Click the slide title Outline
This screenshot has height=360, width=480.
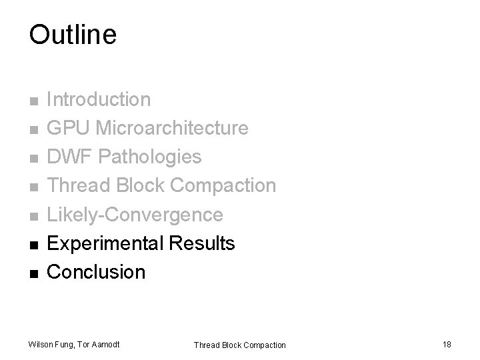(73, 35)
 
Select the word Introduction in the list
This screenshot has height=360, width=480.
(99, 100)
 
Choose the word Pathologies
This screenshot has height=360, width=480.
(151, 157)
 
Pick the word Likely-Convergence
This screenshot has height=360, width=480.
(135, 215)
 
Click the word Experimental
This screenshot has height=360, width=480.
(106, 243)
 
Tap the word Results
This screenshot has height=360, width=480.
(203, 243)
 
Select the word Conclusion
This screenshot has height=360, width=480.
(97, 272)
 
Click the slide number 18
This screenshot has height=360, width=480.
(446, 344)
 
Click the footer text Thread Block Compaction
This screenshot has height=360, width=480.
(239, 345)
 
